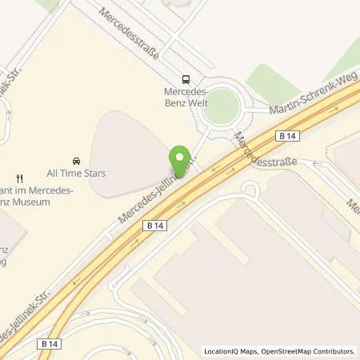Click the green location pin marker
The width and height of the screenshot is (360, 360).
click(x=180, y=158)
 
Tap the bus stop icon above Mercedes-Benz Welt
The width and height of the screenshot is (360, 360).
click(x=186, y=79)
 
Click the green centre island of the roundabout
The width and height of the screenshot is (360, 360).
click(x=221, y=106)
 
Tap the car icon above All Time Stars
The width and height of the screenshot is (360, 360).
click(x=77, y=160)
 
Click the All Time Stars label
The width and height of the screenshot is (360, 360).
click(x=77, y=174)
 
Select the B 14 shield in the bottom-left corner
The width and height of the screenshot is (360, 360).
click(x=48, y=343)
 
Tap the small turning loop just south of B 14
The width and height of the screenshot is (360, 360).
click(x=250, y=190)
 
